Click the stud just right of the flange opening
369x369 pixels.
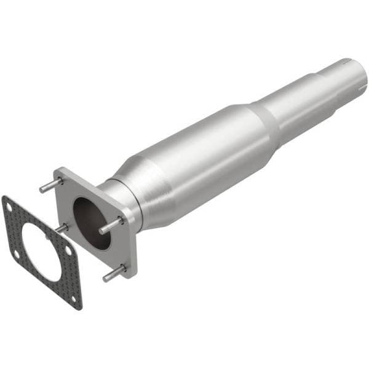coord(111,225)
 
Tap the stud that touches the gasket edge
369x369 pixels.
coord(61,228)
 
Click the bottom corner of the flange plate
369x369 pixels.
coord(127,275)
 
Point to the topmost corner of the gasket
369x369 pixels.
coord(6,197)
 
